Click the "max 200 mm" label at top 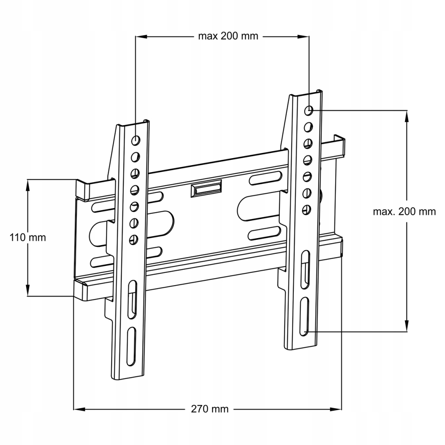pyautogui.click(x=228, y=37)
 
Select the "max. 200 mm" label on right pyautogui.click(x=404, y=212)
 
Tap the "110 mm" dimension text pyautogui.click(x=28, y=237)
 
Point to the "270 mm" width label pyautogui.click(x=210, y=409)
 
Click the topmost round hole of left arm pyautogui.click(x=136, y=140)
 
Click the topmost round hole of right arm pyautogui.click(x=309, y=110)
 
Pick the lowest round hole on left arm pyautogui.click(x=133, y=239)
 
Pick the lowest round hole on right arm pyautogui.click(x=306, y=210)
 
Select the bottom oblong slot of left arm pyautogui.click(x=131, y=346)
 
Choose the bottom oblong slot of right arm pyautogui.click(x=304, y=317)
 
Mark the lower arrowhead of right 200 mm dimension pyautogui.click(x=407, y=326)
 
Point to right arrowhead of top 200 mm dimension pyautogui.click(x=303, y=37)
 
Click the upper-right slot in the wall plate pyautogui.click(x=266, y=178)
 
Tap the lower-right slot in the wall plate pyautogui.click(x=265, y=233)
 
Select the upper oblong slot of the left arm pyautogui.click(x=132, y=299)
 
